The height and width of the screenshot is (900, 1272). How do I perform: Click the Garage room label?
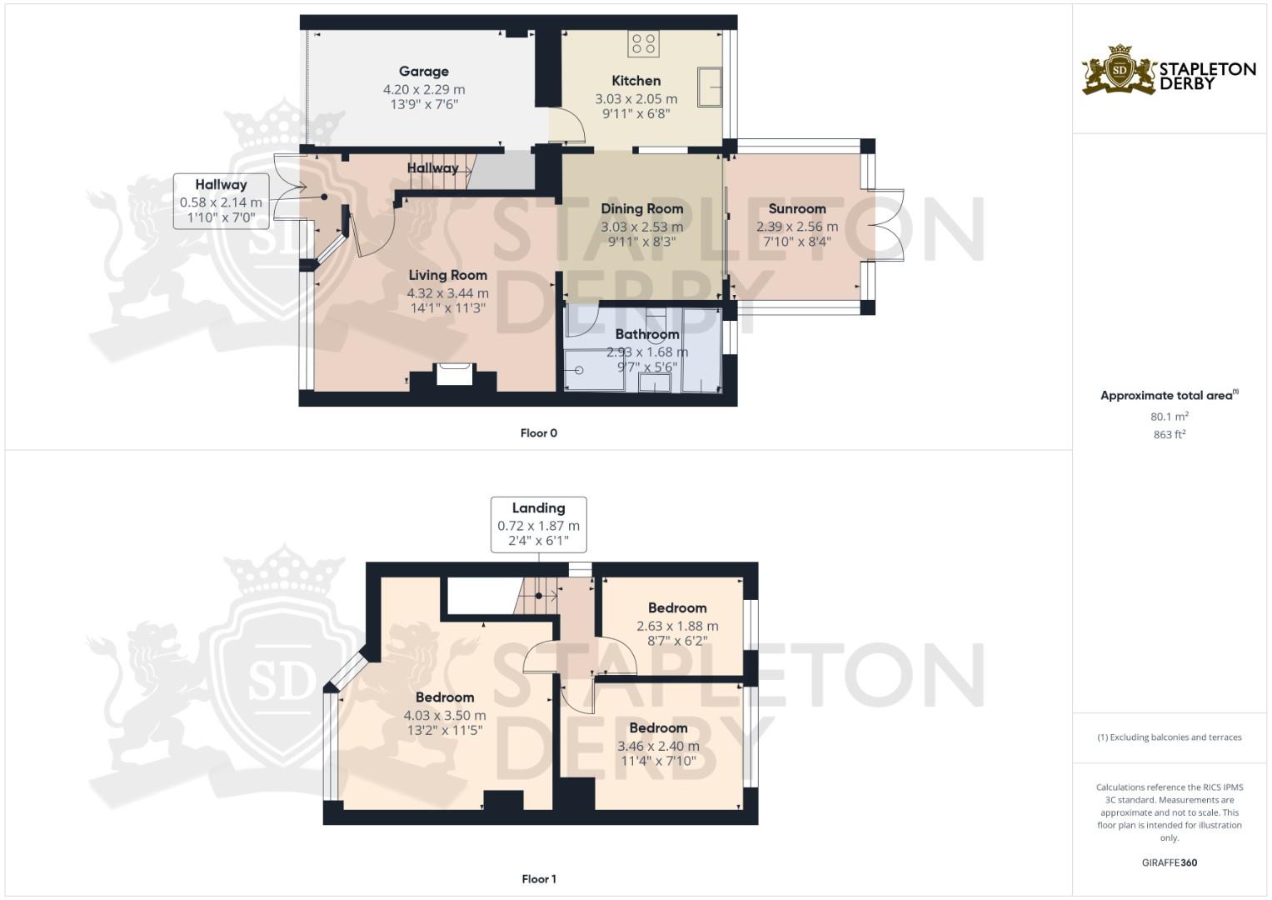423,72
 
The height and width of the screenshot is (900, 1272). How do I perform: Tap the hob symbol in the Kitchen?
643,43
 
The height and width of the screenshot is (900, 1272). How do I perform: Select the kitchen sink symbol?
710,87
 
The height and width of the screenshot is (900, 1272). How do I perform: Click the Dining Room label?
641,208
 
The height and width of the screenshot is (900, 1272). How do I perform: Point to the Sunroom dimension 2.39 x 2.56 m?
796,227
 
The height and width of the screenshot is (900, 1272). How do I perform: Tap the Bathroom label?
646,334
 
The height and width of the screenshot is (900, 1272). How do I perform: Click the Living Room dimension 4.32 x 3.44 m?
447,293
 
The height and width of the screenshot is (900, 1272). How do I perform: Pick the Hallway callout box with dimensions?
221,201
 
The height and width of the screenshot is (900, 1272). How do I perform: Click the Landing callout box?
538,524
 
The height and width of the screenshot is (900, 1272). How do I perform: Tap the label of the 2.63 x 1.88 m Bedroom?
676,608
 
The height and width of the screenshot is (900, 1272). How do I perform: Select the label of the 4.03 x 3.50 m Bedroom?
444,697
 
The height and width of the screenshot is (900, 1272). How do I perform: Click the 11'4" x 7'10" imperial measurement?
657,761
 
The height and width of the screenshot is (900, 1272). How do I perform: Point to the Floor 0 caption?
538,433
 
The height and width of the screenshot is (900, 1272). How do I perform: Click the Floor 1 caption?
538,879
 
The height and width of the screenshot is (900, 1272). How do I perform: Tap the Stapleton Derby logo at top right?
1169,70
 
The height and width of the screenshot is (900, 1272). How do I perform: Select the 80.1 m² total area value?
1169,417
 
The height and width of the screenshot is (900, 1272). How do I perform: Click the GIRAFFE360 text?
1169,862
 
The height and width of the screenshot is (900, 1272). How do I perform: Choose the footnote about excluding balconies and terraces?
1169,737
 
